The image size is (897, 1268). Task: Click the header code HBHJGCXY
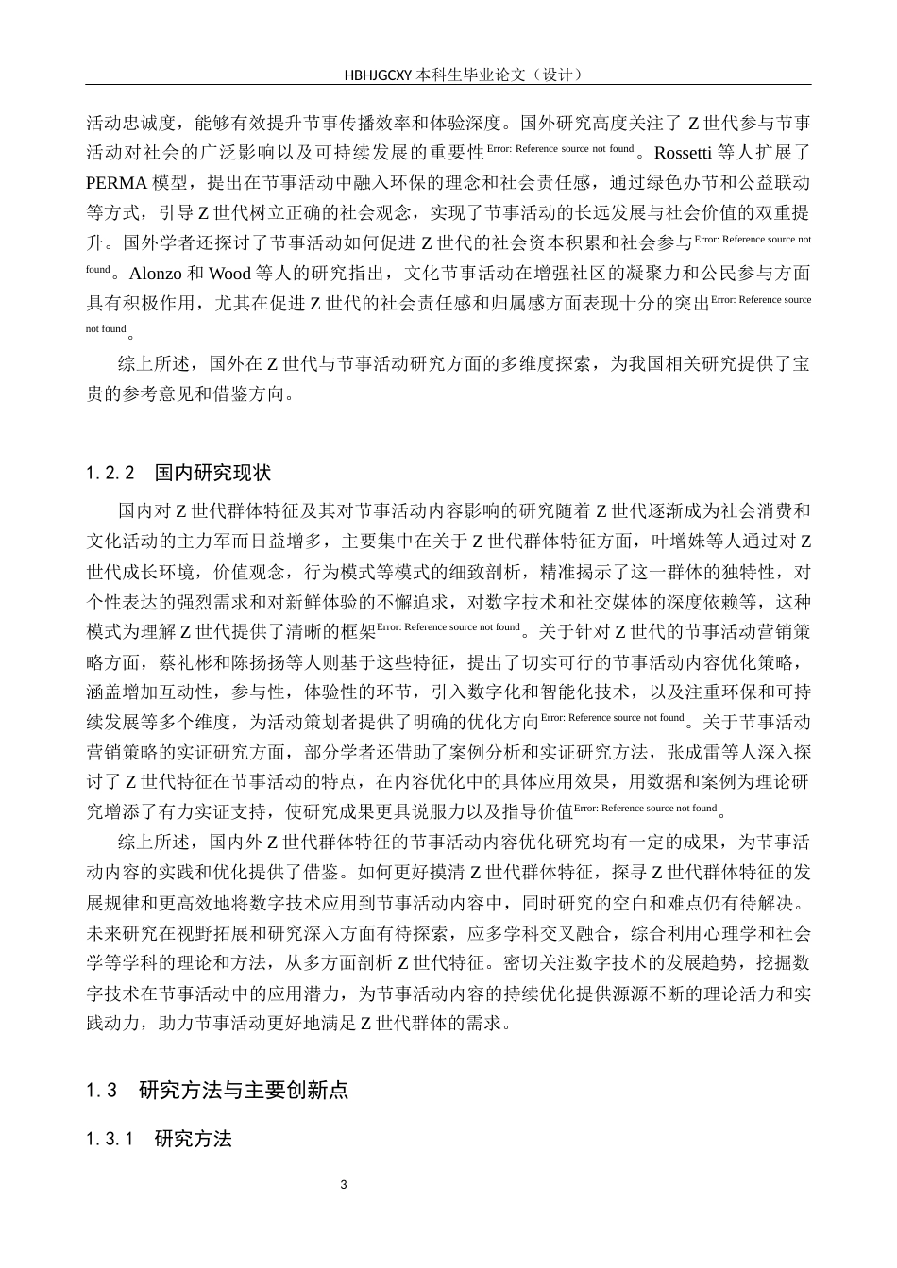coord(378,74)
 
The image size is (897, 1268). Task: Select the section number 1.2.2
coord(111,472)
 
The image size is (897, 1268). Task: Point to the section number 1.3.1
coord(111,1139)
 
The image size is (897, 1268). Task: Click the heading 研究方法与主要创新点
coord(244,1091)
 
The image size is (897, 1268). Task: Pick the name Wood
coord(229,275)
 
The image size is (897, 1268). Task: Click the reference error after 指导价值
coord(646,809)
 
